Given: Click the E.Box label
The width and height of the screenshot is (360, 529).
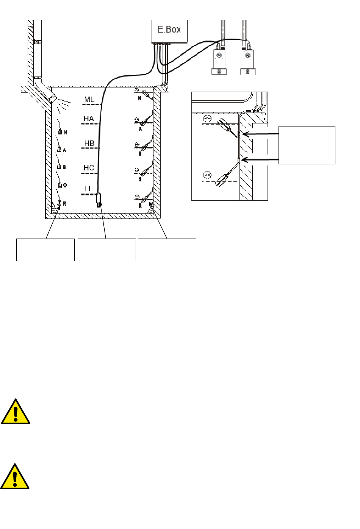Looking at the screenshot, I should coord(169,29).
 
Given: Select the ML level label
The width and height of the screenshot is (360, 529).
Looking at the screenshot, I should coord(89,100).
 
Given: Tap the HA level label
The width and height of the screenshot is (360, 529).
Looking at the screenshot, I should coord(89,119).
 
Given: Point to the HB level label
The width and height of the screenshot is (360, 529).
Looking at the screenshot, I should coord(89,144).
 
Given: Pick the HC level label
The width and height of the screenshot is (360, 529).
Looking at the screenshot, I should coord(89,168).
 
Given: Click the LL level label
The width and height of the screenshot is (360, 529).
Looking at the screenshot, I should coord(88,189).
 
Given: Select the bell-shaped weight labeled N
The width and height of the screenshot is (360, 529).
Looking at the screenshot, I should coord(60,132).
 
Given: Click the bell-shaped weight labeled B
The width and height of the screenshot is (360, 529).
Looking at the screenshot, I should coord(59,167).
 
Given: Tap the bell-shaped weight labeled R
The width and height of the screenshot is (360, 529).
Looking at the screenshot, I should coord(59,203).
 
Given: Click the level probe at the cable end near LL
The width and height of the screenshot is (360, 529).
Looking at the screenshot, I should coord(99,199).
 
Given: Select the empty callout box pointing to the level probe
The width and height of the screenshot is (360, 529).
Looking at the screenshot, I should coord(106,250).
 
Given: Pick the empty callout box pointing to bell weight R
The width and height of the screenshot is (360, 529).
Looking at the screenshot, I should coord(45,250).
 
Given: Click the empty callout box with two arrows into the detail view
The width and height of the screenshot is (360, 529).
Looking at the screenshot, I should coord(307,145).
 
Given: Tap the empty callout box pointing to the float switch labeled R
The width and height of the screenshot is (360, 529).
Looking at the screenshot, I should coord(167,250).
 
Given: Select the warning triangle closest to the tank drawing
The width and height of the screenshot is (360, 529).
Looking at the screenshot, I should coord(15,412).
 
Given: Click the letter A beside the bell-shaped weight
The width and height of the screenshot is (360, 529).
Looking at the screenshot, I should coord(65,150).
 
